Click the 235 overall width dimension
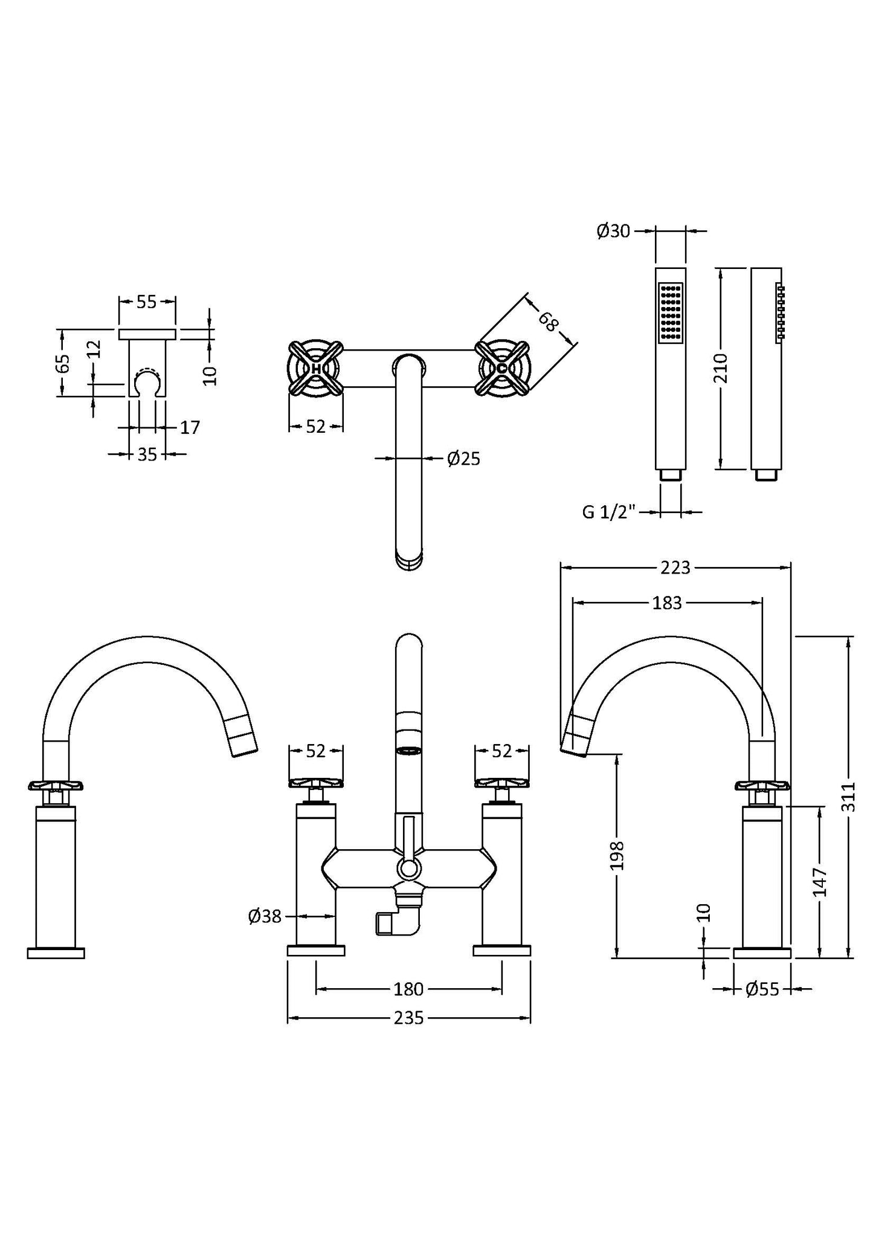(x=409, y=1018)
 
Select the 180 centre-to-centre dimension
(x=409, y=989)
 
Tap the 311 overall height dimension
(x=849, y=797)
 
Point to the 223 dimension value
(x=675, y=568)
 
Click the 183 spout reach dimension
(x=667, y=603)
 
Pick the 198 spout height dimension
(x=617, y=855)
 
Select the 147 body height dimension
(x=819, y=882)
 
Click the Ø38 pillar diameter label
(x=265, y=916)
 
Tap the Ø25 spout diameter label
(x=463, y=459)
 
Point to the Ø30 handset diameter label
(x=613, y=231)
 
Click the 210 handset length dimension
(x=721, y=368)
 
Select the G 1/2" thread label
(x=609, y=512)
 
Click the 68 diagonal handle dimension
(x=547, y=321)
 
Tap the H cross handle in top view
(x=315, y=368)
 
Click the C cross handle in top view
(x=502, y=368)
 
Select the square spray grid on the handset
(x=671, y=312)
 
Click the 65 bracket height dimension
(x=63, y=363)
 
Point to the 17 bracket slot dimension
(x=190, y=428)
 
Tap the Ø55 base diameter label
(x=762, y=989)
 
